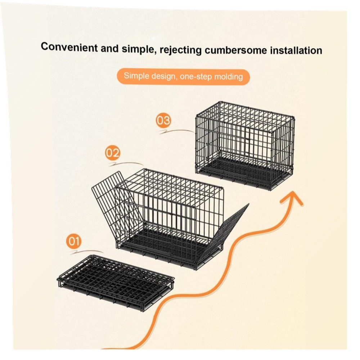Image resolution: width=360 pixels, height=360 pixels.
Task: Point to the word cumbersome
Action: [x=236, y=50]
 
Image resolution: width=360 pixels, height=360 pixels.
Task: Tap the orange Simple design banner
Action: [x=183, y=77]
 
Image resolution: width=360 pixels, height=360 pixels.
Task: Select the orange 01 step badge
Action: [x=74, y=241]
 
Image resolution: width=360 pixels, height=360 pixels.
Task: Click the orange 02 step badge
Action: [x=112, y=153]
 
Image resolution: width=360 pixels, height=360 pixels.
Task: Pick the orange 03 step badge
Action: [x=163, y=120]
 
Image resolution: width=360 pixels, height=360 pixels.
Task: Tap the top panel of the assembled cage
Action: [x=245, y=117]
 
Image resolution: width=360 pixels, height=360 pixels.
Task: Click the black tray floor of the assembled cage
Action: [x=243, y=171]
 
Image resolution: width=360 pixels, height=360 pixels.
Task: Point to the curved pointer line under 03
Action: [x=177, y=131]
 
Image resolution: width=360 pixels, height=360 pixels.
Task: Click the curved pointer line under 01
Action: [x=87, y=252]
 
